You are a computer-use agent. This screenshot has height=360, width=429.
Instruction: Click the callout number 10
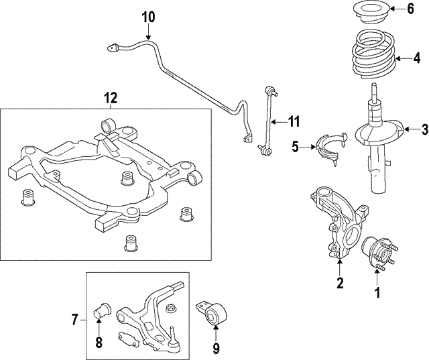pyautogui.click(x=147, y=15)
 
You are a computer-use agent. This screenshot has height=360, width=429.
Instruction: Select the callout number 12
pyautogui.click(x=111, y=98)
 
